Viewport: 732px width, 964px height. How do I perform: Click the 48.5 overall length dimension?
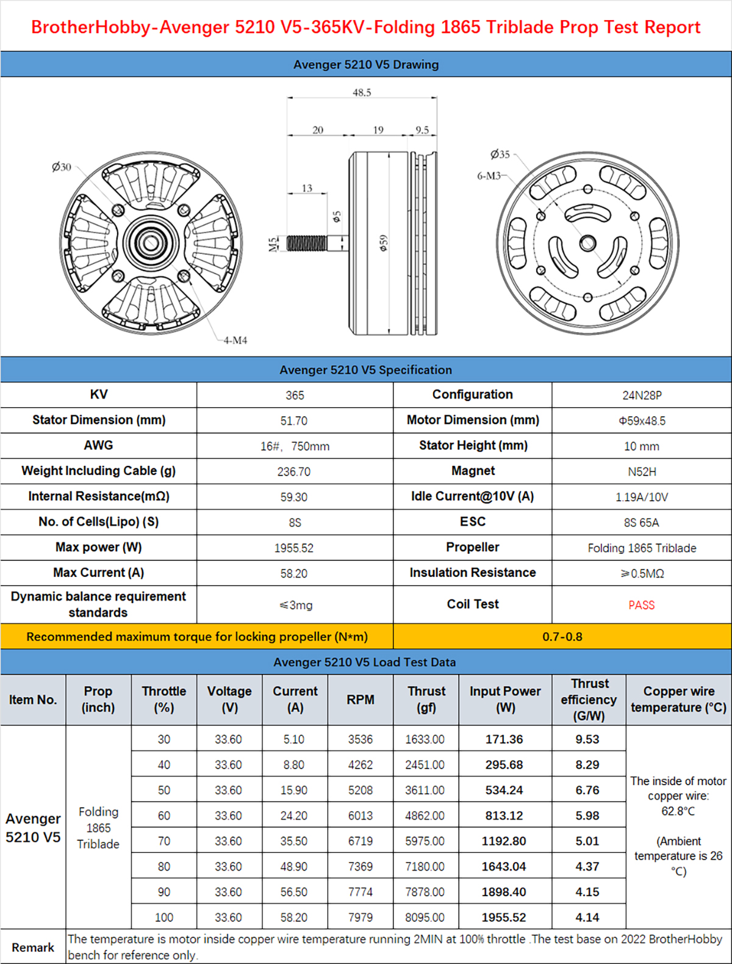tap(362, 93)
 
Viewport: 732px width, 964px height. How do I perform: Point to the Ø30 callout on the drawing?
tap(62, 167)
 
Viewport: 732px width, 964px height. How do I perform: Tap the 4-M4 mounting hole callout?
tap(235, 340)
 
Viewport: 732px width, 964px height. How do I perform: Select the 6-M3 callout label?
tap(489, 176)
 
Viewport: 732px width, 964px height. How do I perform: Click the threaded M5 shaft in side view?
tap(307, 243)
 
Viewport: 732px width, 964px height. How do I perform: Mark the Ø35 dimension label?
tap(500, 154)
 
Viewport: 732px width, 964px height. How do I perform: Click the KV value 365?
tap(295, 396)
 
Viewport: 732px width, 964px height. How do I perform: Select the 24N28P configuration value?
tap(642, 396)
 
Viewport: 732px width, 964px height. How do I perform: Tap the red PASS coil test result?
tap(641, 605)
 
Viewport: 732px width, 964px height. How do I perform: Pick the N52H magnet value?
tap(642, 472)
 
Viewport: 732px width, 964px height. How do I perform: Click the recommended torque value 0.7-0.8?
tap(562, 637)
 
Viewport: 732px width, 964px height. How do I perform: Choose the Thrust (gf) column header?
tap(426, 700)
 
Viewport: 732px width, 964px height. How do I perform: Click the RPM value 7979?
tap(361, 918)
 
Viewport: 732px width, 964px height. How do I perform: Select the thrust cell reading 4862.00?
tap(425, 816)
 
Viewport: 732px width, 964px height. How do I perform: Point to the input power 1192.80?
tap(504, 841)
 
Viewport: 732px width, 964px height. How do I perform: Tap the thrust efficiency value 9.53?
tap(587, 739)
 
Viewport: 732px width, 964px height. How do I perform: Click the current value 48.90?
tap(294, 867)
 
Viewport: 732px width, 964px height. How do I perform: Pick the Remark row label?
tap(33, 948)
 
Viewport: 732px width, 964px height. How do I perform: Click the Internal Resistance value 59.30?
tap(294, 498)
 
